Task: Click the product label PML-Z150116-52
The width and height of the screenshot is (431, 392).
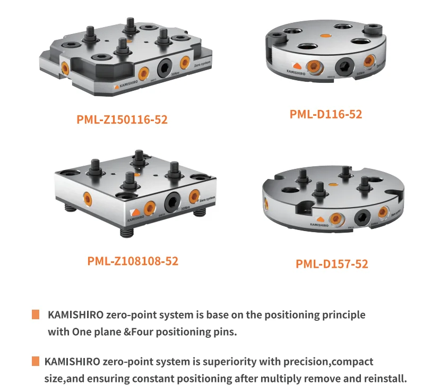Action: pyautogui.click(x=122, y=120)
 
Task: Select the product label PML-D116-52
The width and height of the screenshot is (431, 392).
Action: pyautogui.click(x=326, y=114)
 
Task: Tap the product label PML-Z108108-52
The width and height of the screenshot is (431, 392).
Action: pyautogui.click(x=133, y=261)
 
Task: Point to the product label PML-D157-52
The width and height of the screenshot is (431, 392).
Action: pyautogui.click(x=332, y=263)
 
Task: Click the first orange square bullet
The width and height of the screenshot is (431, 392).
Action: pyautogui.click(x=36, y=314)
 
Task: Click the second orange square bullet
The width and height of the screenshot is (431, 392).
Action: pyautogui.click(x=36, y=362)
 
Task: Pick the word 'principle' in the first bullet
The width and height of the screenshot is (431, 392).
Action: pyautogui.click(x=344, y=314)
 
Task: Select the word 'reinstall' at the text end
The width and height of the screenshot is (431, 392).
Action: pyautogui.click(x=384, y=379)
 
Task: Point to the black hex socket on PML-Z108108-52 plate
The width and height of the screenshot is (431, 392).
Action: pyautogui.click(x=173, y=202)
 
